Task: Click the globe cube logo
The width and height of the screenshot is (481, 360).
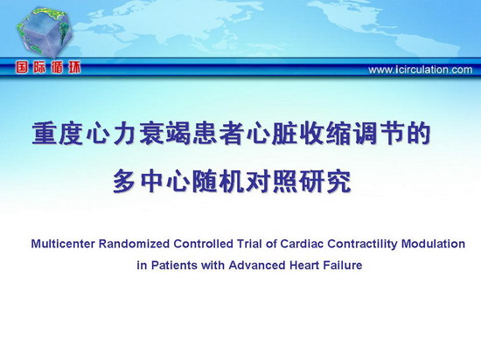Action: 45,32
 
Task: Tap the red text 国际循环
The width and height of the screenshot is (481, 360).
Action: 48,67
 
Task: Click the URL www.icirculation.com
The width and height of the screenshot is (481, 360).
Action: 421,70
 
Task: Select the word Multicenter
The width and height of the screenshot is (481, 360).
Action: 63,244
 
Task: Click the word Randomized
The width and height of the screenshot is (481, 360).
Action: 135,244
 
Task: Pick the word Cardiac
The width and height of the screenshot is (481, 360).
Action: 302,244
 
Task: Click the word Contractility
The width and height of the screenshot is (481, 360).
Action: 362,245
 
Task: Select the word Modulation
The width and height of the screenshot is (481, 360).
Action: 433,244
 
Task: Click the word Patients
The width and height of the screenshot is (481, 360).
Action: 174,265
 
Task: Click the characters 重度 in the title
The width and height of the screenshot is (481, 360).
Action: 58,134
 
